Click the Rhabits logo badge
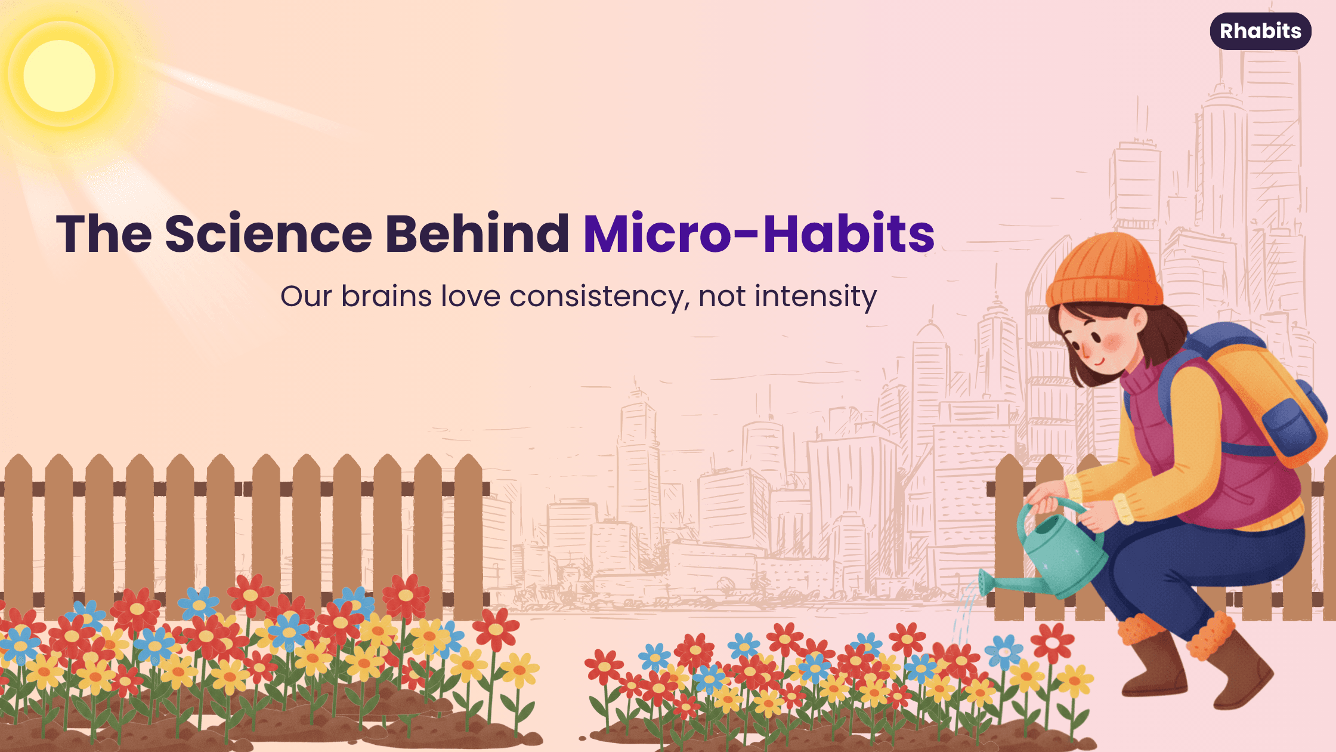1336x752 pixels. pyautogui.click(x=1260, y=31)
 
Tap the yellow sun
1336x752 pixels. pyautogui.click(x=60, y=76)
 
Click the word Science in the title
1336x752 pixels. pyautogui.click(x=268, y=233)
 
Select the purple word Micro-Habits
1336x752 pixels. pyautogui.click(x=759, y=233)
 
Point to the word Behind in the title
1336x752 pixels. pyautogui.click(x=477, y=233)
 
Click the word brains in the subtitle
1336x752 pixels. pyautogui.click(x=386, y=296)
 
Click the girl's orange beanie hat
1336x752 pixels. pyautogui.click(x=1104, y=272)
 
